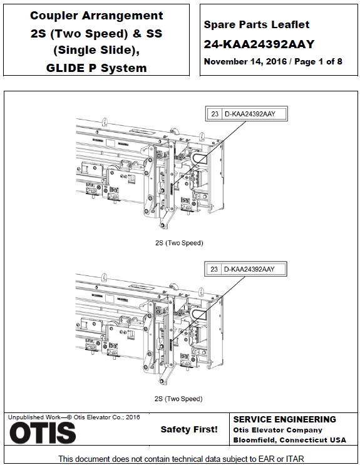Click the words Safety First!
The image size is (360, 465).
[189, 429]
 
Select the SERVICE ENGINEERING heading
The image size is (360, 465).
[284, 419]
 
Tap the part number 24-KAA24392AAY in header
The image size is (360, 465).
[259, 44]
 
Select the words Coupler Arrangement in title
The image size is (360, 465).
[96, 16]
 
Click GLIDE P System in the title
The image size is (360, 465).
[96, 68]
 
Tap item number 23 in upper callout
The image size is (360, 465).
[215, 113]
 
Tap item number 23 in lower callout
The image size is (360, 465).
[215, 268]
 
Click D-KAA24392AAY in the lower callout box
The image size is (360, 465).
[249, 268]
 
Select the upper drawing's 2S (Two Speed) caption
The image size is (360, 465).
[178, 242]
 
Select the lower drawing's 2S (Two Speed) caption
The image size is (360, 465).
[178, 398]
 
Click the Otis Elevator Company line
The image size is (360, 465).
[277, 430]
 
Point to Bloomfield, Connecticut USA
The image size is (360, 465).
[289, 440]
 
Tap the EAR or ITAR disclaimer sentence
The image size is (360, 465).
[180, 458]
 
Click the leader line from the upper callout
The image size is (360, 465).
[207, 150]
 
